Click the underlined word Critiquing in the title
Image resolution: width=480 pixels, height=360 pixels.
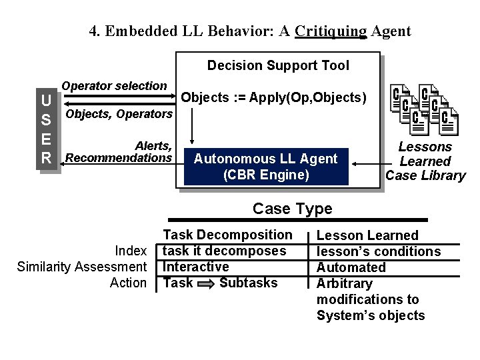(x=331, y=31)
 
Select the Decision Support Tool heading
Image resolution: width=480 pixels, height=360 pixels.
(x=277, y=65)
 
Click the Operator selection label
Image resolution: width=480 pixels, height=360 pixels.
(x=114, y=86)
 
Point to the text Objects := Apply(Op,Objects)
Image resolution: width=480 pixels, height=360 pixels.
(x=274, y=97)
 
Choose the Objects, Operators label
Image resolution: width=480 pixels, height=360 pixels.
(x=119, y=114)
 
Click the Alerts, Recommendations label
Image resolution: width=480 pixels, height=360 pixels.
(x=120, y=151)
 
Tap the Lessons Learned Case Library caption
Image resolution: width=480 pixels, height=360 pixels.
(x=425, y=161)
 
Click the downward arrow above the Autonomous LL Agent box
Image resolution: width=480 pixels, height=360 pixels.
(x=192, y=127)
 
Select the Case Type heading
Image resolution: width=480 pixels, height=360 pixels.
(x=292, y=209)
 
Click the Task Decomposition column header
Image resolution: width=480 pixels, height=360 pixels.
(x=227, y=235)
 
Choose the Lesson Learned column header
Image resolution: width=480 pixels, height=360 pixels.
(x=367, y=235)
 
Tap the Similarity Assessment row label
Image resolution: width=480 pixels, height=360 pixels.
(x=81, y=267)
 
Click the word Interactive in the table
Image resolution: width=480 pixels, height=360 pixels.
(x=196, y=267)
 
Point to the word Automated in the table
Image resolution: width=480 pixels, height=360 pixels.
(x=351, y=267)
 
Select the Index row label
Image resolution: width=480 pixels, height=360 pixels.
(x=130, y=251)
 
